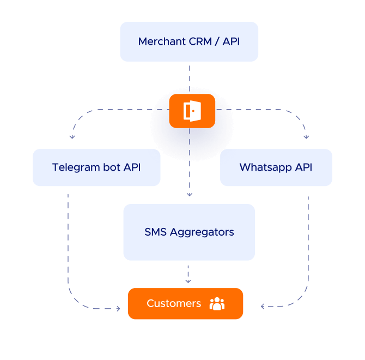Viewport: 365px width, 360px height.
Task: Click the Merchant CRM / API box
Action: pos(189,41)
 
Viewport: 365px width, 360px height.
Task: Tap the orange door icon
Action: pos(192,111)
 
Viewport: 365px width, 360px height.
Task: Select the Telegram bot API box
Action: pos(96,167)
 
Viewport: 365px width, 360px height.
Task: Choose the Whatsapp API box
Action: pos(276,167)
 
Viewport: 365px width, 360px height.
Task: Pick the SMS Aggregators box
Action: pos(189,232)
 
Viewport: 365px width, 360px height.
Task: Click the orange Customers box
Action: pos(185,303)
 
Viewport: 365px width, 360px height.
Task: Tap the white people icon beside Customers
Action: pos(217,303)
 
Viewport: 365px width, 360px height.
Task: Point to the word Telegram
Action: pos(76,167)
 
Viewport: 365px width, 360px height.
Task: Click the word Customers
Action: pos(174,303)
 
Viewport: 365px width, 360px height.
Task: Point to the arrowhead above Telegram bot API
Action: pos(71,137)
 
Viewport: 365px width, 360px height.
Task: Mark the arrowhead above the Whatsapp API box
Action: pos(307,137)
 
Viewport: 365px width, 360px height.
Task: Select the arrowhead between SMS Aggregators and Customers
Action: pos(188,281)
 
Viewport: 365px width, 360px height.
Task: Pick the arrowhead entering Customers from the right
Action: pos(263,307)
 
